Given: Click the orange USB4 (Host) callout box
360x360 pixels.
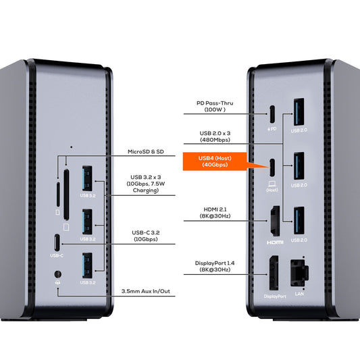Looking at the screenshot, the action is coord(215,161).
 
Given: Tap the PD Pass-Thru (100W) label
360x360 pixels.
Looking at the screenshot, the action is coord(215,106).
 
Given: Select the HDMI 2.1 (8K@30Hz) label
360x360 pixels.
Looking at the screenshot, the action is coord(215,213).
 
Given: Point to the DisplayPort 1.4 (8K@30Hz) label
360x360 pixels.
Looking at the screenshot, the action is coord(215,266).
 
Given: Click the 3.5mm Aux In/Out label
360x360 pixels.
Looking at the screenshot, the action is coord(146,291).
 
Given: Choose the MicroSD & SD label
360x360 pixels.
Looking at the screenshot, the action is coord(146,151).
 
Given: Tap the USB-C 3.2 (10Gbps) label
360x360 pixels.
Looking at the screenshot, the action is coord(146,236).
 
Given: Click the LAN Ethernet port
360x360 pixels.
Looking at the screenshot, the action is coord(299,273).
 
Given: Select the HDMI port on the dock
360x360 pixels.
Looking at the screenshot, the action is coord(275,221).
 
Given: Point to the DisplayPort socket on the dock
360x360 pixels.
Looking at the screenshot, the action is coord(274,273).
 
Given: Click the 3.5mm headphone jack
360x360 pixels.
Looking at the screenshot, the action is coord(58,274).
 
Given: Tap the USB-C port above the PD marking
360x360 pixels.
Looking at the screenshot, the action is coord(272,114).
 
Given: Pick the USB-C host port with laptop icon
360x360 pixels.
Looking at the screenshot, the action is coord(272,168).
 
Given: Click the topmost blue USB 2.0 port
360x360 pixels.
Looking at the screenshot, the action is coord(299,112).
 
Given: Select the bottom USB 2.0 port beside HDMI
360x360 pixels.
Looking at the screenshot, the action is coord(299,220).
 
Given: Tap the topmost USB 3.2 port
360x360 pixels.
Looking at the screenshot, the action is coord(87,178).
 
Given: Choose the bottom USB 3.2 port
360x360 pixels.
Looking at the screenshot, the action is coord(87,265).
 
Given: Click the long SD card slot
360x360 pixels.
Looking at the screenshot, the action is coord(66,195).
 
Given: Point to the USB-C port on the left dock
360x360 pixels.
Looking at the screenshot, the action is coord(57,242).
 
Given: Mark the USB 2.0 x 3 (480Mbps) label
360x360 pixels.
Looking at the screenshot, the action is coord(215,136).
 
